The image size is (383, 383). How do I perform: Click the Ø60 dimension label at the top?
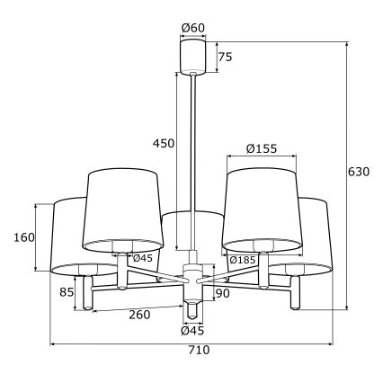(x=193, y=28)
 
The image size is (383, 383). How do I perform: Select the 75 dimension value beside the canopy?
(x=225, y=57)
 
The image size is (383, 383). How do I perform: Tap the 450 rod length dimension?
(x=163, y=145)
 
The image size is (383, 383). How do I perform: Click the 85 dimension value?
(x=65, y=291)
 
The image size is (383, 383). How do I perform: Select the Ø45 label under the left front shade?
(x=142, y=259)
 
